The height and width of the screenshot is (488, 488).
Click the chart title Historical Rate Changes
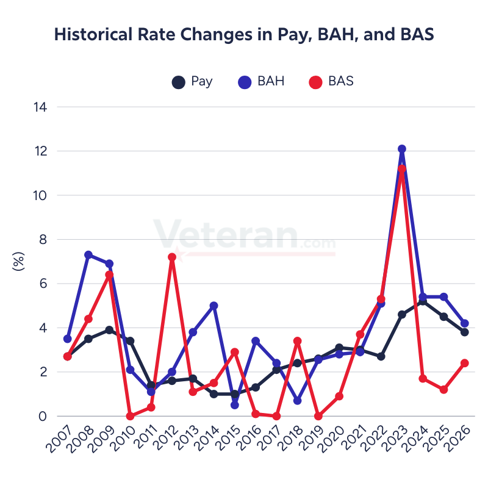244,35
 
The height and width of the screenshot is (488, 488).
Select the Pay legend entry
192,81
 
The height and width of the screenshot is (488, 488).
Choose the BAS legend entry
331,81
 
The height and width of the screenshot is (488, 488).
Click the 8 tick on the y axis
43,240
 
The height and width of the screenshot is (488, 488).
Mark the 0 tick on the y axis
43,417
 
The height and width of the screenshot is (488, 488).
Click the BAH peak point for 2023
402,149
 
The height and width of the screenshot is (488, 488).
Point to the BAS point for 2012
172,257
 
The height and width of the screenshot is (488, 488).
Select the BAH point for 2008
88,255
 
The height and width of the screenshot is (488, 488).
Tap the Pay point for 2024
423,301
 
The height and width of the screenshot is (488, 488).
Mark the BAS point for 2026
465,363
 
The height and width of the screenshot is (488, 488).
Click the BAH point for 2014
214,306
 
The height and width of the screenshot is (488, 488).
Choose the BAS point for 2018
298,341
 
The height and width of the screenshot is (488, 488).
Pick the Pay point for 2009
109,330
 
